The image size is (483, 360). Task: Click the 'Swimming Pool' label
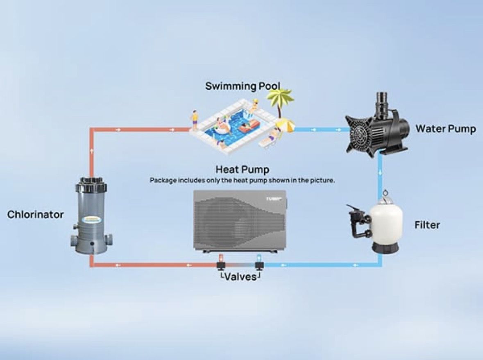pyautogui.click(x=243, y=86)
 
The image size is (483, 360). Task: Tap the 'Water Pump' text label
pyautogui.click(x=446, y=129)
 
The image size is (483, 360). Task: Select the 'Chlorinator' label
pyautogui.click(x=35, y=214)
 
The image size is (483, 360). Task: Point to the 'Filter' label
pyautogui.click(x=427, y=225)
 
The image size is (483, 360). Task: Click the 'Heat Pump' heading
pyautogui.click(x=243, y=169)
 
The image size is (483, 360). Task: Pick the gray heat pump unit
pyautogui.click(x=240, y=222)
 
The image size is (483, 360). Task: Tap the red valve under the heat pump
pyautogui.click(x=221, y=263)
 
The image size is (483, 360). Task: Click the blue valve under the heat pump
pyautogui.click(x=259, y=263)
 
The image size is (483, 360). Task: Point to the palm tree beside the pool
pyautogui.click(x=280, y=100)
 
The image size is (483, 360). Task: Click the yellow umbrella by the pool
pyautogui.click(x=285, y=125)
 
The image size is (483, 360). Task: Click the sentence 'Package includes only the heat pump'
pyautogui.click(x=243, y=180)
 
